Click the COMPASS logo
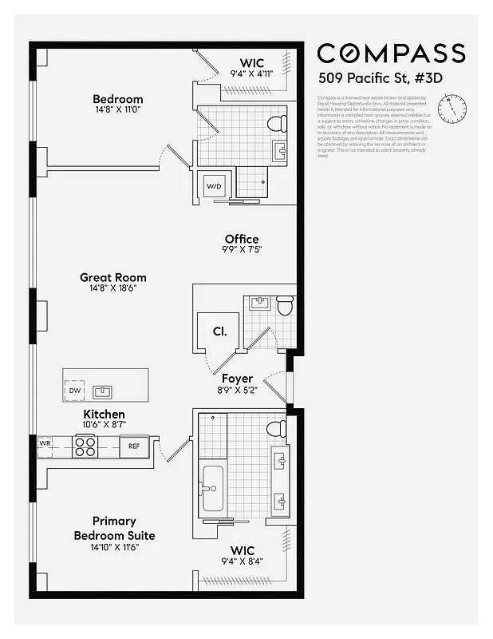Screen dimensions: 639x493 pyautogui.click(x=391, y=54)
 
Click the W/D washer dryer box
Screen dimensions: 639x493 pyautogui.click(x=215, y=186)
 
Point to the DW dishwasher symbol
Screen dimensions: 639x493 pyautogui.click(x=74, y=391)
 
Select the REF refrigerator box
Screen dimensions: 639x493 pyautogui.click(x=134, y=447)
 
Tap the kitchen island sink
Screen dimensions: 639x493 pyautogui.click(x=103, y=391)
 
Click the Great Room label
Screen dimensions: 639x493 pyautogui.click(x=112, y=278)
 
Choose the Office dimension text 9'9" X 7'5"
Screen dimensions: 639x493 pyautogui.click(x=241, y=249)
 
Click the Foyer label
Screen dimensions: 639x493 pyautogui.click(x=238, y=379)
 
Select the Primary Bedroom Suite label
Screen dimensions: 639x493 pyautogui.click(x=114, y=529)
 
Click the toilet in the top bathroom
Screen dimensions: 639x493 pyautogui.click(x=276, y=125)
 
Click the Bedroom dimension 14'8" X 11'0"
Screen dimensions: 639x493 pyautogui.click(x=116, y=110)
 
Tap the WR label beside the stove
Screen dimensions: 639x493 pyautogui.click(x=45, y=443)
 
